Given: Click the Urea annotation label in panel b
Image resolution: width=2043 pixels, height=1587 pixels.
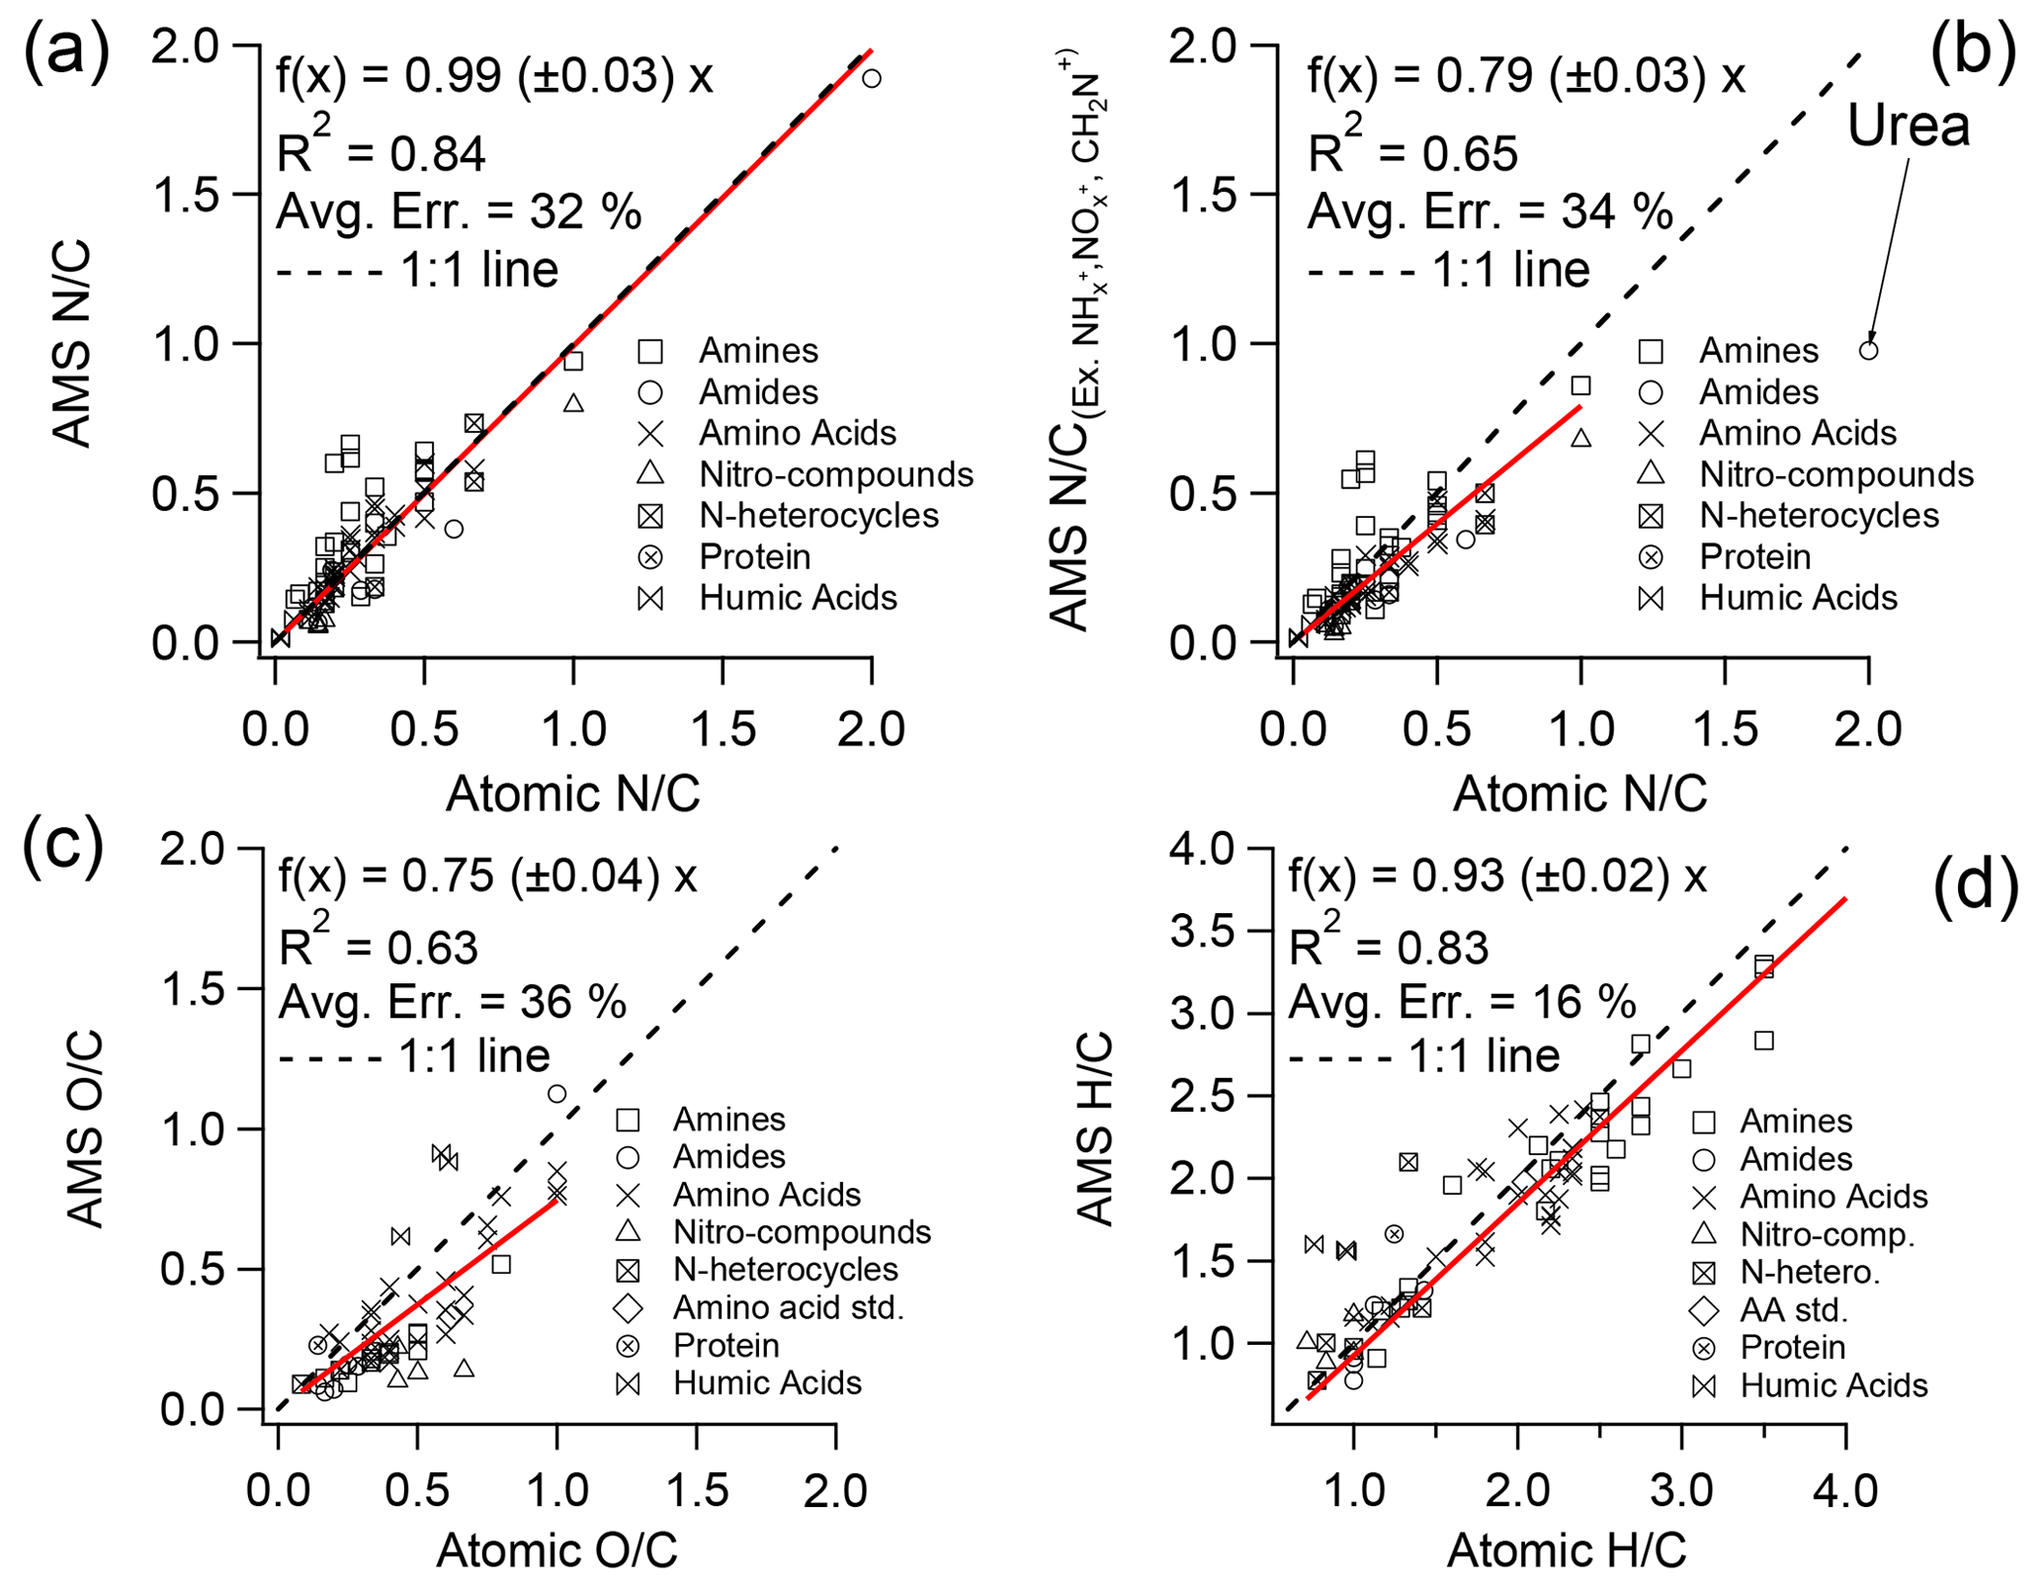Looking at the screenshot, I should pyautogui.click(x=1908, y=126).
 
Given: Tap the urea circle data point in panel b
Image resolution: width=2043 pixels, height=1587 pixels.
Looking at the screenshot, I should pyautogui.click(x=1868, y=350).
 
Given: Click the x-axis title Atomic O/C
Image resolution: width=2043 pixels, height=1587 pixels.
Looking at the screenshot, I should pyautogui.click(x=556, y=1549).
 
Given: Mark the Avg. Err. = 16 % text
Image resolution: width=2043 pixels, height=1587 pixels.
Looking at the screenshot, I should pyautogui.click(x=1462, y=1002).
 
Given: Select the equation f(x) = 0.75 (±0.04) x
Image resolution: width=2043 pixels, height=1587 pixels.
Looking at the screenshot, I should pyautogui.click(x=488, y=877).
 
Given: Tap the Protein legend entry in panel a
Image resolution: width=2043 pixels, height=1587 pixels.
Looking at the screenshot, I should pyautogui.click(x=754, y=557).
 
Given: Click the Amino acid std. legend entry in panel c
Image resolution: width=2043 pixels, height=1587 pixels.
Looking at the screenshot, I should pyautogui.click(x=788, y=1307).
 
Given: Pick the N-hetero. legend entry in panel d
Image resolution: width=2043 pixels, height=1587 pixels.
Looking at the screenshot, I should pyautogui.click(x=1809, y=1272).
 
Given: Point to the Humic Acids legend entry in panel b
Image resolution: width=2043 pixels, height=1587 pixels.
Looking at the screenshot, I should pyautogui.click(x=1798, y=598).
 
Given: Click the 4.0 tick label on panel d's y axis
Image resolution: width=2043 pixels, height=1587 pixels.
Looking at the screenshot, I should pyautogui.click(x=1202, y=849).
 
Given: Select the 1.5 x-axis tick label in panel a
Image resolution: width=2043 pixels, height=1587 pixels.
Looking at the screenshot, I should pyautogui.click(x=723, y=729).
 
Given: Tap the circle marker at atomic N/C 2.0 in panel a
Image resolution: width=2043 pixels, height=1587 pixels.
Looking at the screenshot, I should pyautogui.click(x=871, y=78).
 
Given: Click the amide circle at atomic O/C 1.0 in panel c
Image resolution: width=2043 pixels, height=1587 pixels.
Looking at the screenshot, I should pyautogui.click(x=556, y=1093).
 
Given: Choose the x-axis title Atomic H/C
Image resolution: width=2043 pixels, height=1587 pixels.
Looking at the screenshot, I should pyautogui.click(x=1567, y=1549).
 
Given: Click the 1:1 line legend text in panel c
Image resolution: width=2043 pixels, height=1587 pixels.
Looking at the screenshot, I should pyautogui.click(x=473, y=1056).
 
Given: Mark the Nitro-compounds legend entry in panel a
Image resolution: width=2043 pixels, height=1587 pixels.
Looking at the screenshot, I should pyautogui.click(x=835, y=474).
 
